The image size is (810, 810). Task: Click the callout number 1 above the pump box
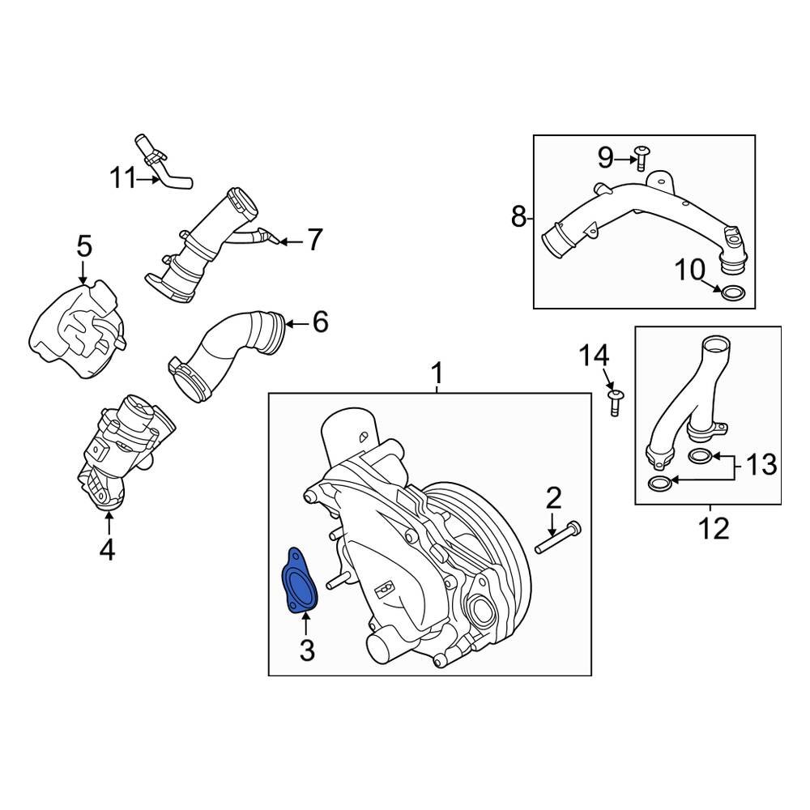(437, 374)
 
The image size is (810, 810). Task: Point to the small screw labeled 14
(614, 400)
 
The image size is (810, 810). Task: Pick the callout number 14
(593, 356)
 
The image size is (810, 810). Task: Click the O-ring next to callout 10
(733, 292)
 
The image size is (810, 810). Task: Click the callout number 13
(761, 465)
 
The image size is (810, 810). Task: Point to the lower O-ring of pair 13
(660, 484)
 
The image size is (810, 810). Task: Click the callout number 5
(85, 246)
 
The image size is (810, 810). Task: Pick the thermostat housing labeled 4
(126, 450)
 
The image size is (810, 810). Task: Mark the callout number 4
(107, 551)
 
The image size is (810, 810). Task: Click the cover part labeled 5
(77, 328)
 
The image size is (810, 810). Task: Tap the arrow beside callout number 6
(296, 324)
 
